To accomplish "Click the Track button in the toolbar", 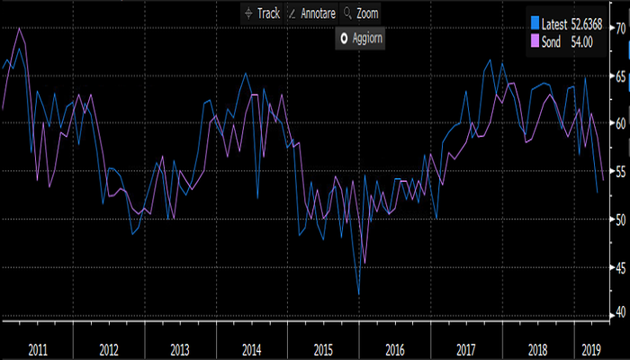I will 262,13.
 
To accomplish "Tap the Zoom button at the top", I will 361,13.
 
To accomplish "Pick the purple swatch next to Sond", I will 536,40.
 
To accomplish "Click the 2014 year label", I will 251,347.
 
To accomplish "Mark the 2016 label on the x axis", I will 394,347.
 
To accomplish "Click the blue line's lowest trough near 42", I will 359,294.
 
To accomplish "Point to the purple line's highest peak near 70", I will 20,28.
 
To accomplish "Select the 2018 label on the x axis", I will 537,347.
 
